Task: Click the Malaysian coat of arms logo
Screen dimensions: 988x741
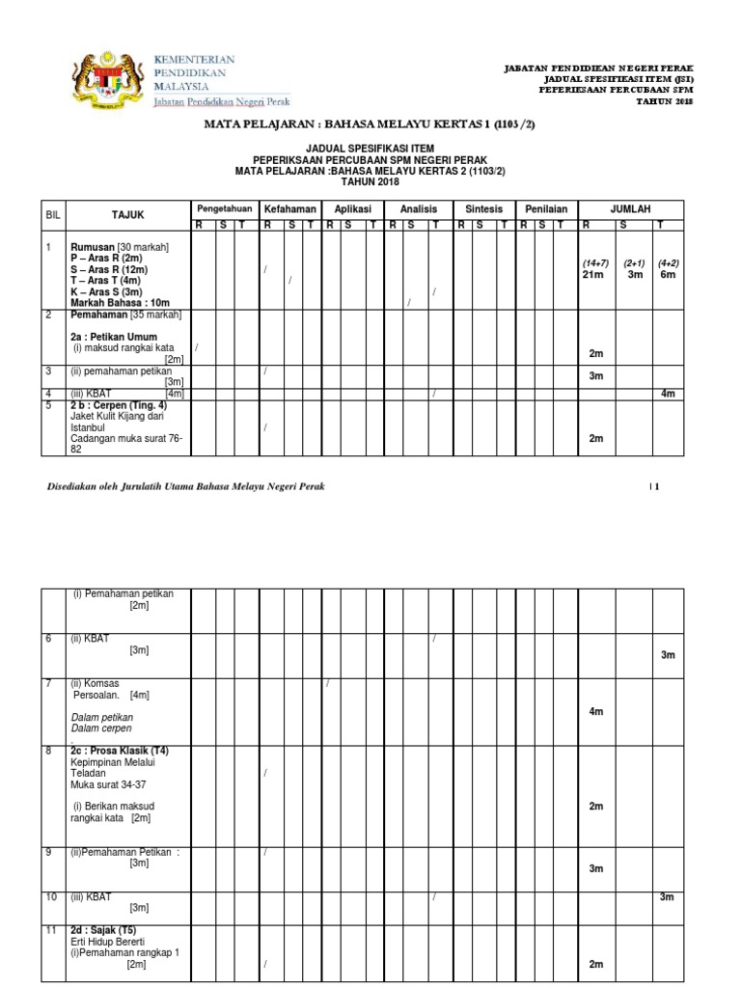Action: [108, 78]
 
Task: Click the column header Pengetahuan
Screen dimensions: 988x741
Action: [224, 208]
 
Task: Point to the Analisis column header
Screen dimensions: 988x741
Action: [419, 208]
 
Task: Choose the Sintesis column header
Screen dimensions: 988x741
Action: [484, 208]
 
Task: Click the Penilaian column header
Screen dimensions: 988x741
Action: [546, 208]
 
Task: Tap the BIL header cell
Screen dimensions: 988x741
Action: [52, 214]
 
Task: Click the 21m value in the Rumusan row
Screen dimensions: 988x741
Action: [591, 275]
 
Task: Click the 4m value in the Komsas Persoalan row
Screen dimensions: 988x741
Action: [595, 711]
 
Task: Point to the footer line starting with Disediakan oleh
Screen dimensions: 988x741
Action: [186, 486]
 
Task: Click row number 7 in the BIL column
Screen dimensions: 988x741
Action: [48, 683]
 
